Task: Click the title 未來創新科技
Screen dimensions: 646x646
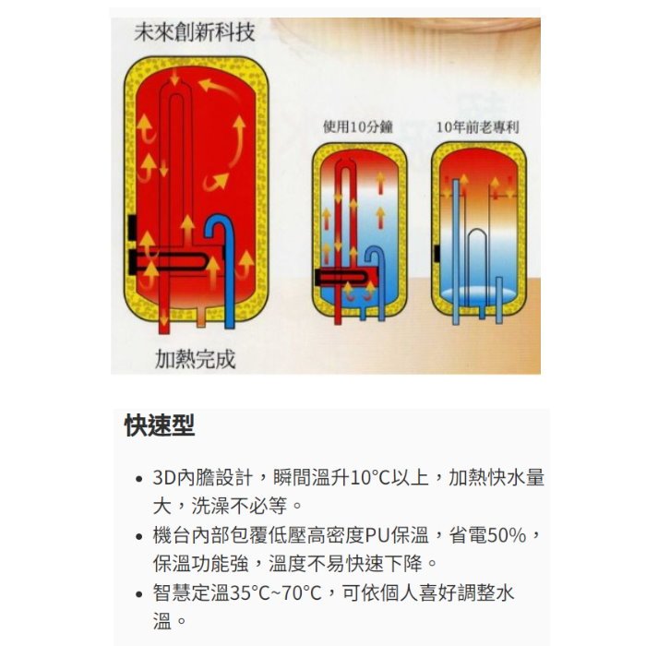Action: tap(195, 32)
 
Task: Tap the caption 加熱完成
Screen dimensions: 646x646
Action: tap(195, 359)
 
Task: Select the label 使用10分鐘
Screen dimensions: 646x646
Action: tap(358, 127)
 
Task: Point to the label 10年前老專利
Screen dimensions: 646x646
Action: tap(477, 127)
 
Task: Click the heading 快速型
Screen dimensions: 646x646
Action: tap(160, 425)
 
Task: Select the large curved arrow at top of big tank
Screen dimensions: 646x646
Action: tap(219, 89)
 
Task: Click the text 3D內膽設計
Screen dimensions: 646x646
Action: tap(202, 477)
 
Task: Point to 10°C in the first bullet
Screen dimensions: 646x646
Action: tap(370, 478)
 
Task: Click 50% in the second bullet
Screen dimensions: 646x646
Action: tap(507, 535)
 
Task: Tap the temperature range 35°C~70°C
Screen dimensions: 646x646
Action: tap(275, 593)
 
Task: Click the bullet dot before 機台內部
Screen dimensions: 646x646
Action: tap(139, 536)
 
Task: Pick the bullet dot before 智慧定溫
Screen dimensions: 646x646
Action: tap(139, 594)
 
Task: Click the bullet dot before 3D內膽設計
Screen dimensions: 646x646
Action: tap(139, 479)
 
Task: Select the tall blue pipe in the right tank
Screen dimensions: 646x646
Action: tap(456, 251)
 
